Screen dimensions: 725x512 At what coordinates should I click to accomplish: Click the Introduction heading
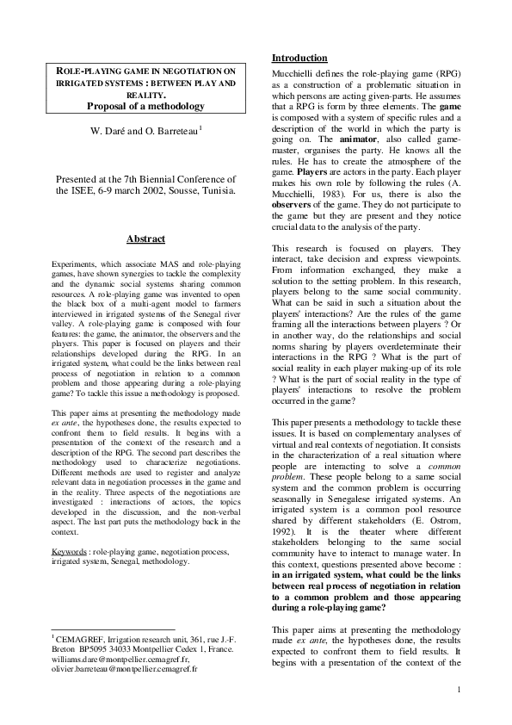pos(299,58)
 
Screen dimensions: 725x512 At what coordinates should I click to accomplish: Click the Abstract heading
pos(145,239)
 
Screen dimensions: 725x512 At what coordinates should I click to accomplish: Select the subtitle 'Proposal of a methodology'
pos(145,106)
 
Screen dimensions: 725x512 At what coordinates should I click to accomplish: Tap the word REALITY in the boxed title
pos(145,95)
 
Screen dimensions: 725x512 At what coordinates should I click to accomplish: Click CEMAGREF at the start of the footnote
pos(85,638)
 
